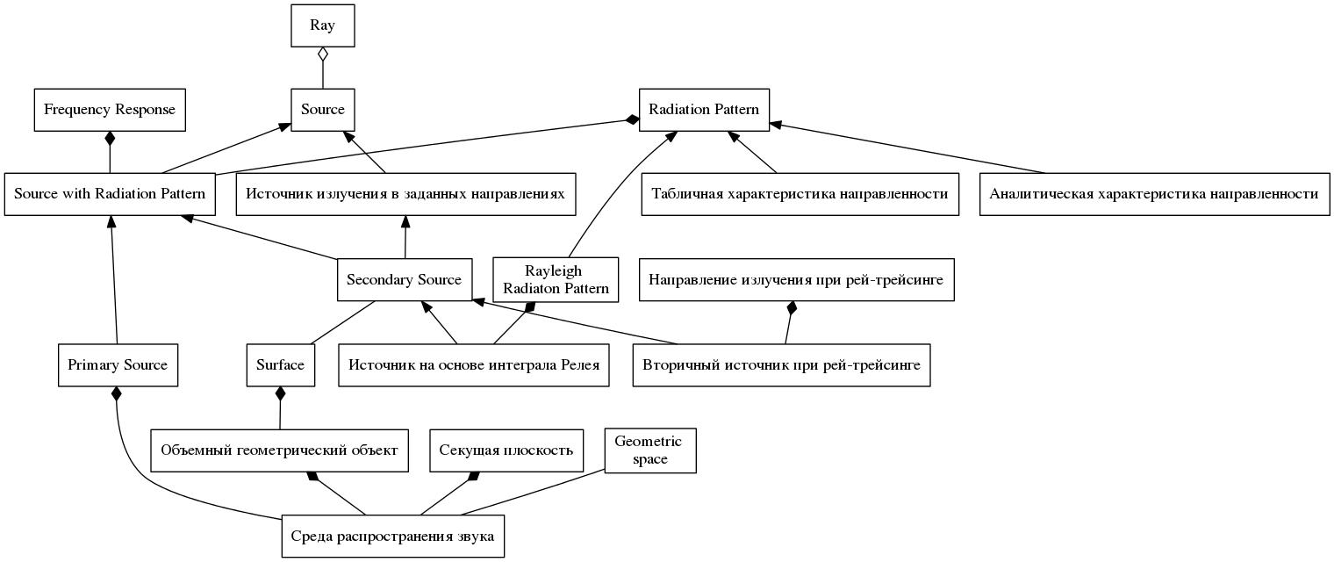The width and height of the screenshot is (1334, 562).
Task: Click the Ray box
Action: pos(323,25)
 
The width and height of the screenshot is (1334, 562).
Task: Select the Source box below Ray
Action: pos(323,110)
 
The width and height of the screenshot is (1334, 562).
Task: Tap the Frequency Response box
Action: pos(110,110)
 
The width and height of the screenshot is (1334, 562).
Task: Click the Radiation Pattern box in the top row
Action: pos(704,110)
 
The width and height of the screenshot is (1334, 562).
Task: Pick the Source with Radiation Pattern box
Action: pos(110,194)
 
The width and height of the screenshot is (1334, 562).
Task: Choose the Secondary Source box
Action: pos(405,279)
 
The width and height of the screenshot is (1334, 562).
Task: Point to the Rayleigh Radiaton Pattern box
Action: pos(556,279)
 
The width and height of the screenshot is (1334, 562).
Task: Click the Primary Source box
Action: pos(118,364)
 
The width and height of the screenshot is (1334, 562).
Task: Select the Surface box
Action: pos(281,364)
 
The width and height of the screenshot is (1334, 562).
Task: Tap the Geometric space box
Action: pos(650,450)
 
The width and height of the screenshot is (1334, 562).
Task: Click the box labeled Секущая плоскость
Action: pos(506,450)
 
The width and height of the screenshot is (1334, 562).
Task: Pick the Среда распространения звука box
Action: pos(393,537)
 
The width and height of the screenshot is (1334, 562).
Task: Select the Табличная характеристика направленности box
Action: pos(800,194)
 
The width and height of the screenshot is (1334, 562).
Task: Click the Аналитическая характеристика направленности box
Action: pos(1154,194)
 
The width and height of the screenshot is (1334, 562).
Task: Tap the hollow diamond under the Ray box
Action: pos(323,54)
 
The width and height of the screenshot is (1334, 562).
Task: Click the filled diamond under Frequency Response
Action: pos(110,138)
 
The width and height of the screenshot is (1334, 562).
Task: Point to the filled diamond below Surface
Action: pos(281,393)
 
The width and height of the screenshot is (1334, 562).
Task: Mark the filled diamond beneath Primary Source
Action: pos(117,393)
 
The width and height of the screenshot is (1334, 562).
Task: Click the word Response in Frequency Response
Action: pos(147,111)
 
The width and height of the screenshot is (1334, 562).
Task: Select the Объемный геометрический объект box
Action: pos(279,450)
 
